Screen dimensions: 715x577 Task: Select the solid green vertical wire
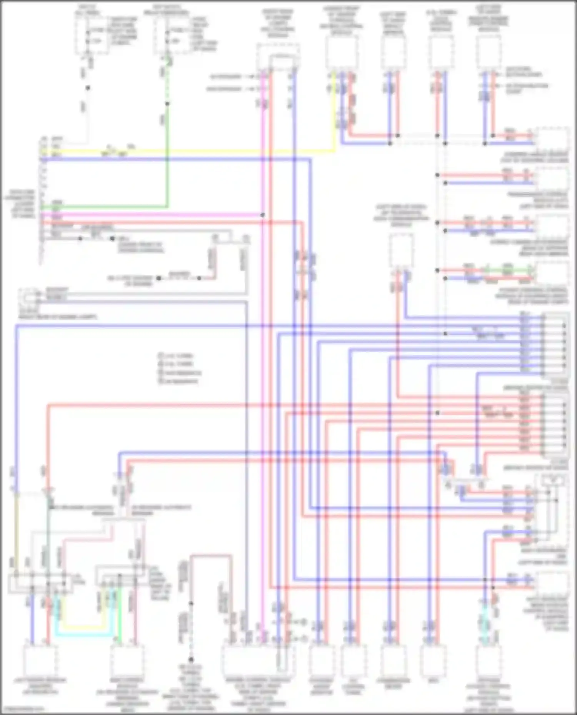[x=167, y=161]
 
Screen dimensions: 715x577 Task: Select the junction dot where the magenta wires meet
[x=263, y=215]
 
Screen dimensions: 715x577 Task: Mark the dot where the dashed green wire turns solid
[x=167, y=104]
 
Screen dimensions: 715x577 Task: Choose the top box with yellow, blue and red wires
[x=342, y=52]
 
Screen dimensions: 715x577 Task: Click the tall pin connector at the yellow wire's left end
[x=43, y=200]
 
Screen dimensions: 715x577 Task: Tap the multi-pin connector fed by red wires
[x=554, y=425]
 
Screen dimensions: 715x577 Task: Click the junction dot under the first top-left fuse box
[x=88, y=88]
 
